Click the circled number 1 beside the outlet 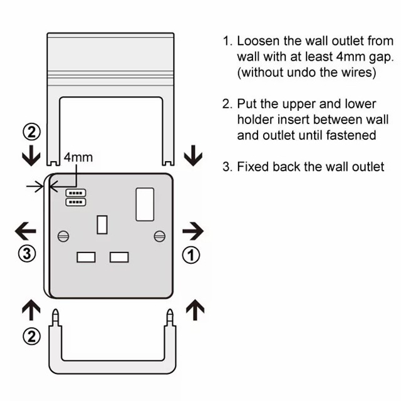[x=192, y=254]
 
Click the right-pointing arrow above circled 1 [x=193, y=231]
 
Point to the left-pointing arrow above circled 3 [x=25, y=231]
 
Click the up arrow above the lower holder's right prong [x=196, y=308]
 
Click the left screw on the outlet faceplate [x=63, y=236]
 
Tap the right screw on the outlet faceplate [x=159, y=236]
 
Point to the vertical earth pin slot [x=103, y=224]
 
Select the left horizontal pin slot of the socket [x=85, y=257]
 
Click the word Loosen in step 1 [x=258, y=42]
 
